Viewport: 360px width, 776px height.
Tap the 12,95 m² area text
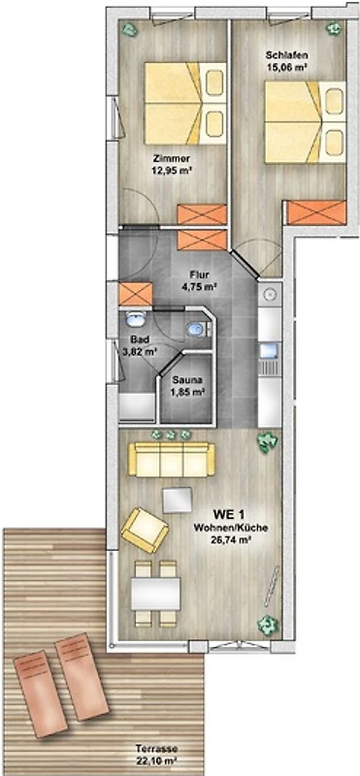(173, 169)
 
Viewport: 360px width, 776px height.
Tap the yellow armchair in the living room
(145, 530)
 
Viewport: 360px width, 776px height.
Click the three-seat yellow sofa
(172, 460)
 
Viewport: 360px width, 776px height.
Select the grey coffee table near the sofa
(178, 501)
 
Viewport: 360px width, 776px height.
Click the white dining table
(155, 594)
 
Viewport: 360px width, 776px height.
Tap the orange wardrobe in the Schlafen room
(317, 212)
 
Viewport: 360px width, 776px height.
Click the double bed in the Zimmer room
(185, 104)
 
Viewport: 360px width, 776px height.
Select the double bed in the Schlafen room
(305, 122)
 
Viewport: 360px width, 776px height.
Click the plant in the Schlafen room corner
(334, 29)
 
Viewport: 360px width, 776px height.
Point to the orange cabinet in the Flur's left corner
(136, 294)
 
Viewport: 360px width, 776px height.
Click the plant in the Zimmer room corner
(131, 29)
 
